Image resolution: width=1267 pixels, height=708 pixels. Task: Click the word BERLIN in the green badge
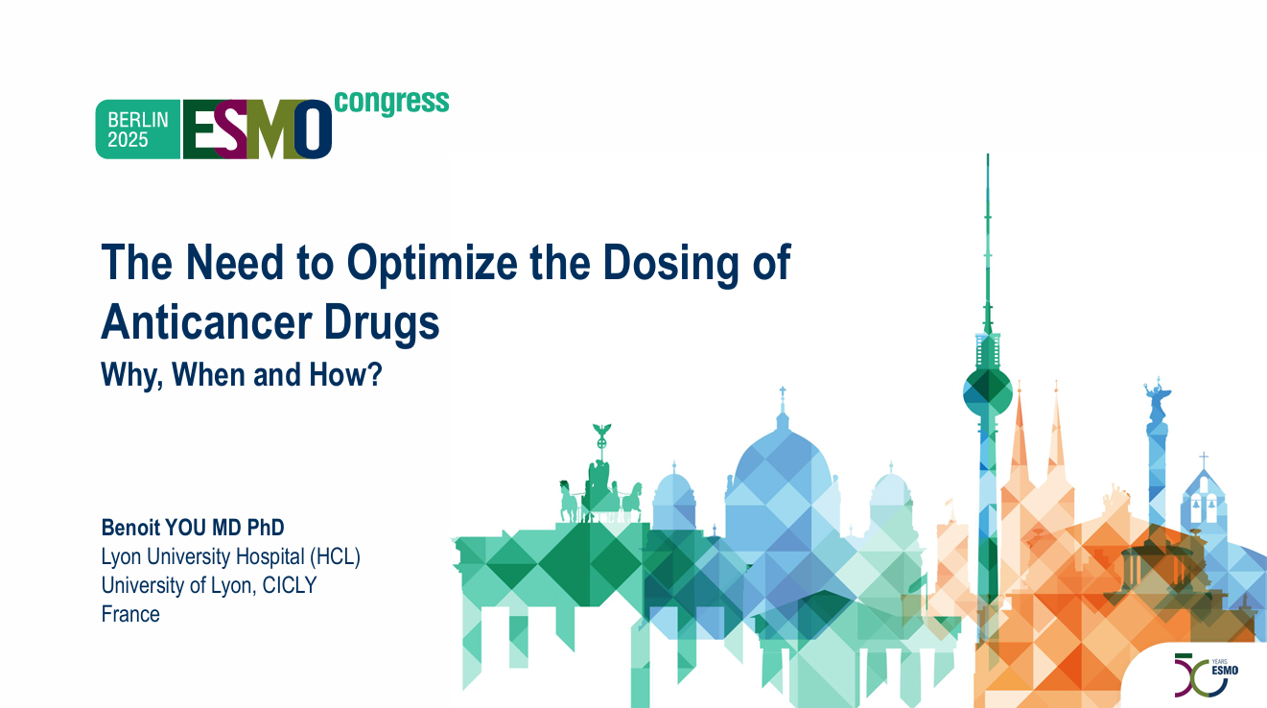138,120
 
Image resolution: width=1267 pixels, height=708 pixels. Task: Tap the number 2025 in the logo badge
128,140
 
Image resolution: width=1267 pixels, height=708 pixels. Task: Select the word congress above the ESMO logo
391,103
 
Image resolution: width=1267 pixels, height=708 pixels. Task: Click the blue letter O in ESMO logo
313,130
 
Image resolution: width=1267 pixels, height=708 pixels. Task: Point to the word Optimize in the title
433,263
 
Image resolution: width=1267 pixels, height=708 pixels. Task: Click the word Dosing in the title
670,264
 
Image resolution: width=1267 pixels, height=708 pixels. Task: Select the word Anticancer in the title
206,322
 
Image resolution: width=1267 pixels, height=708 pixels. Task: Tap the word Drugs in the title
382,323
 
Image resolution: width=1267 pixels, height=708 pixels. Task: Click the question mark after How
374,374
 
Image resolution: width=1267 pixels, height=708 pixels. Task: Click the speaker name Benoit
130,528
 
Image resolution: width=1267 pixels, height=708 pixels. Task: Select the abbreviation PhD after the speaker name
265,528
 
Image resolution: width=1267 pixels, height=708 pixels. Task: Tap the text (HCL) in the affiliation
335,556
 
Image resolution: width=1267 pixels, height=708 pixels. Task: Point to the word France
130,614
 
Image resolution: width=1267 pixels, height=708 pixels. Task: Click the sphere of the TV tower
988,391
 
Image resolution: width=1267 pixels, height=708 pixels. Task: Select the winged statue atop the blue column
1158,400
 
